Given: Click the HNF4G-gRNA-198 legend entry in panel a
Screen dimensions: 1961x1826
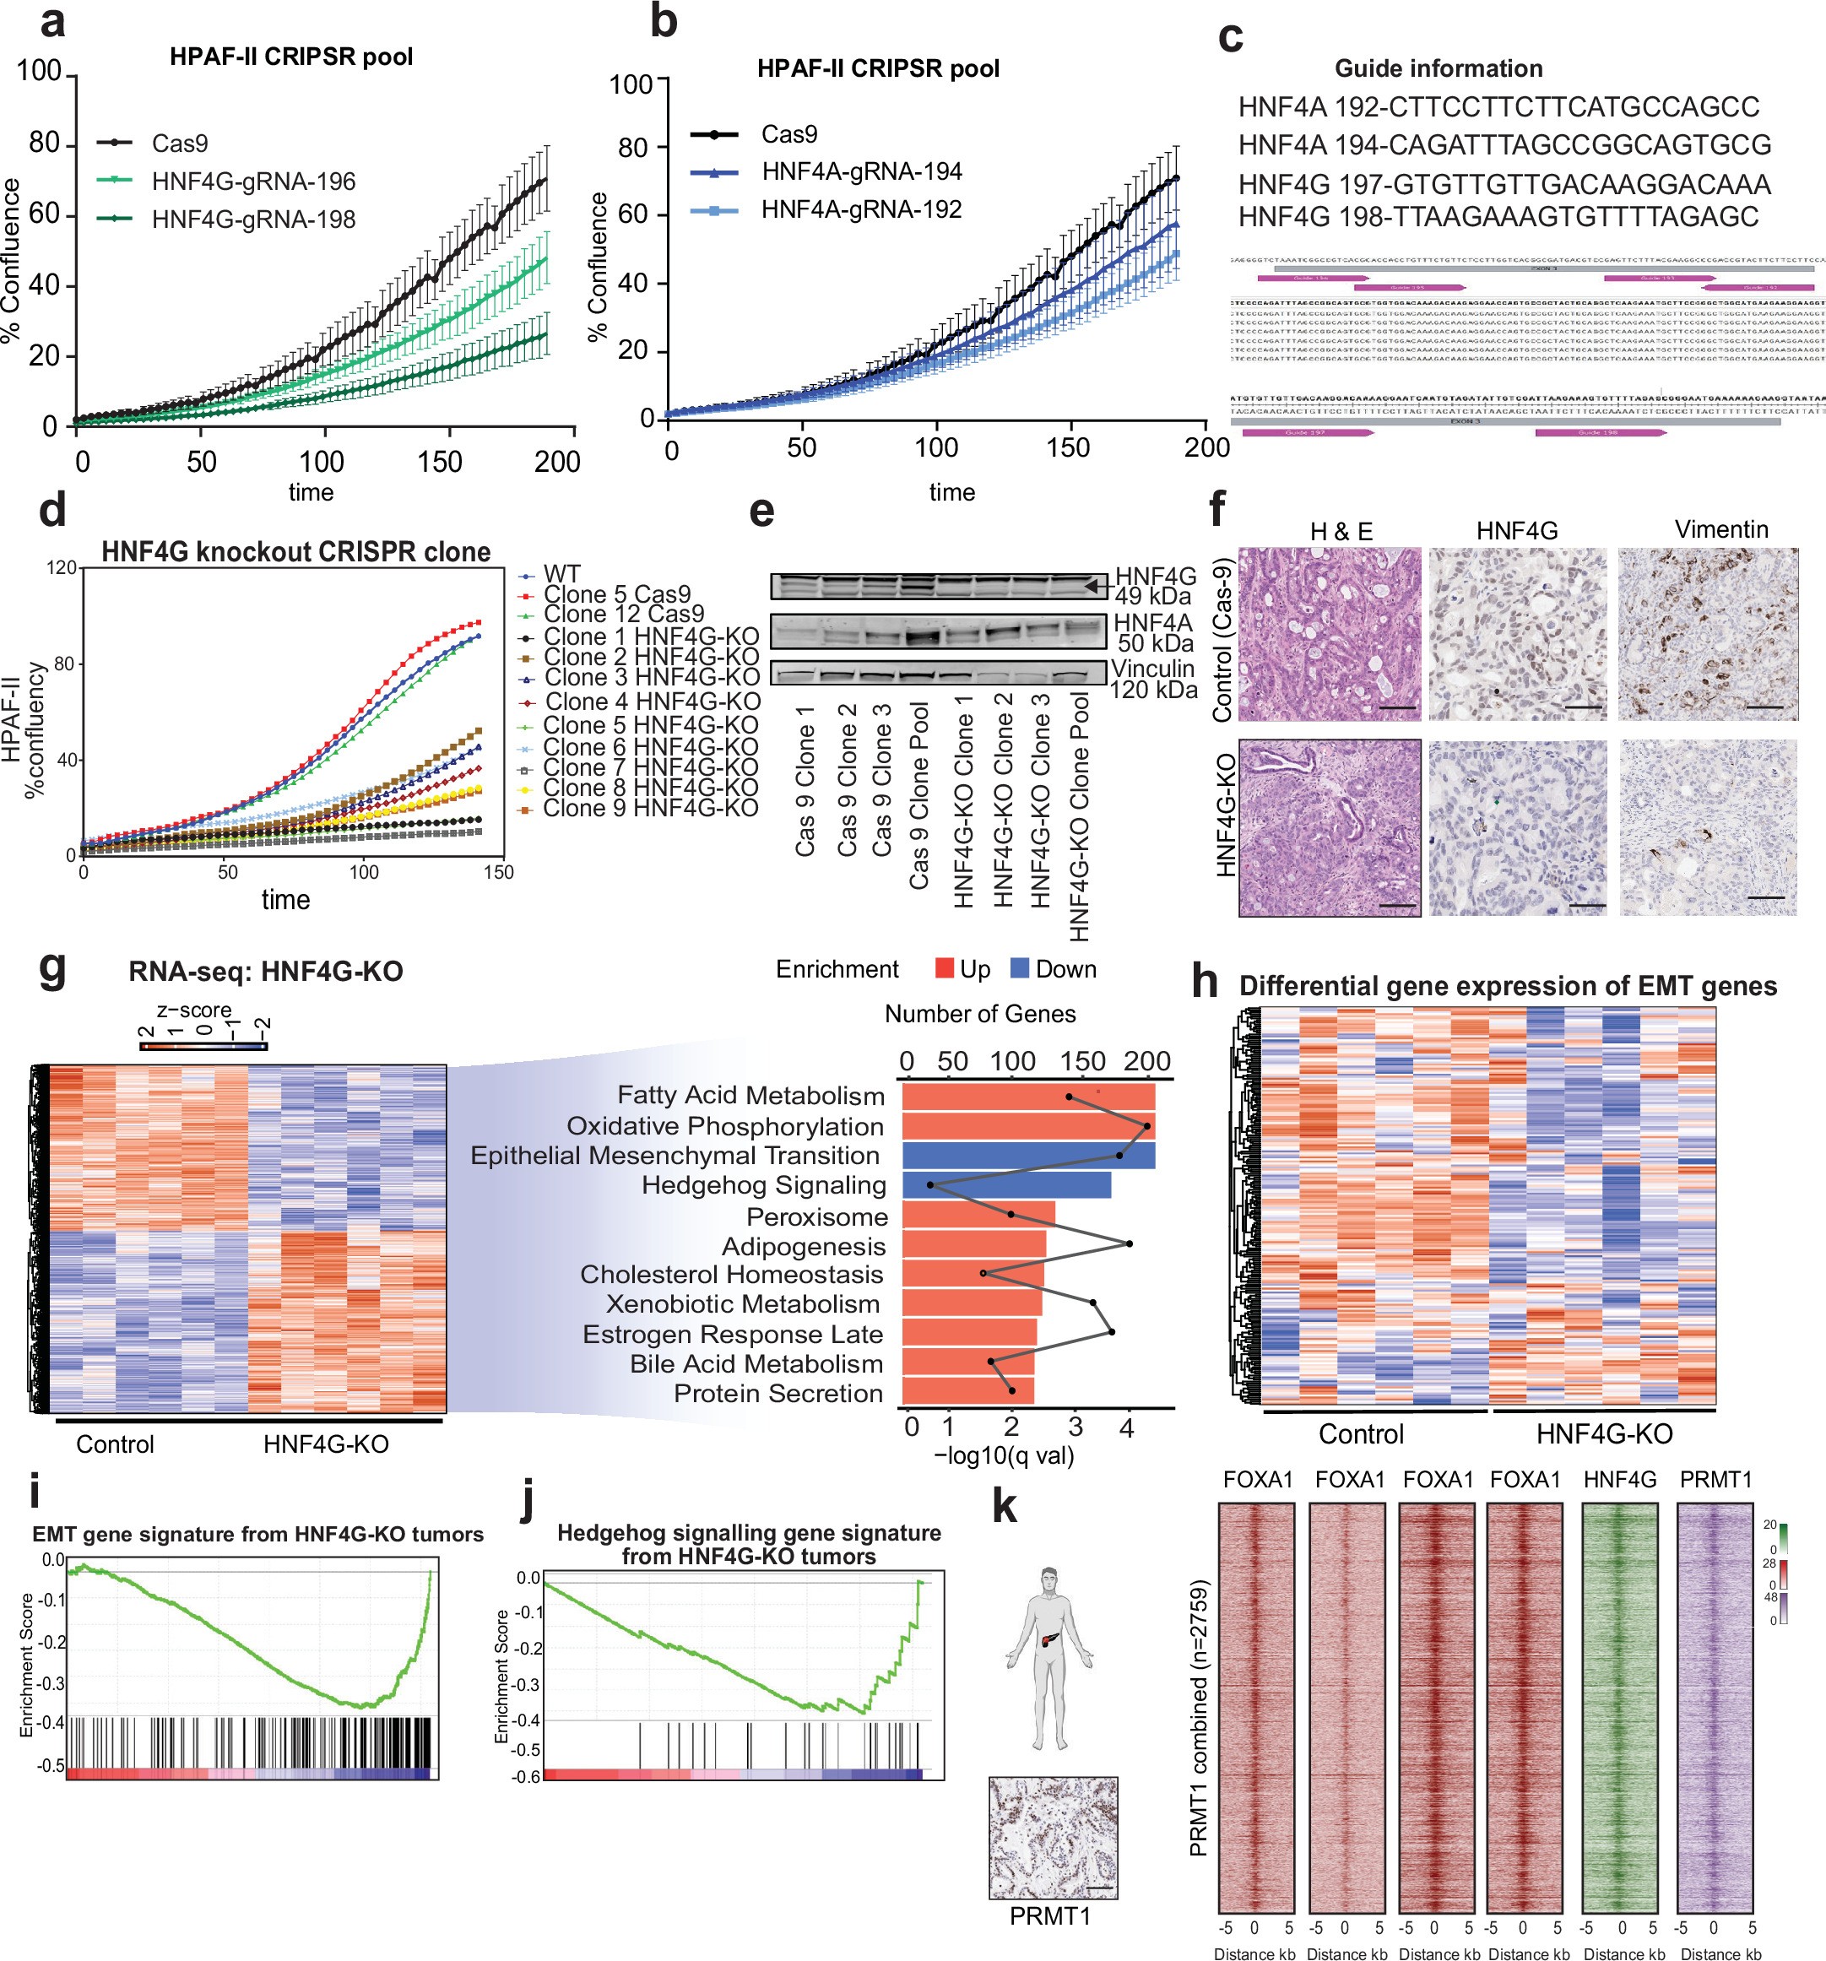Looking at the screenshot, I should (x=252, y=219).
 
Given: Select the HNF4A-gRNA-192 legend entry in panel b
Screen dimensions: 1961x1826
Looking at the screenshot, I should (x=860, y=209).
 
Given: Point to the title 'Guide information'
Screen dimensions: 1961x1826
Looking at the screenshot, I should (x=1438, y=68).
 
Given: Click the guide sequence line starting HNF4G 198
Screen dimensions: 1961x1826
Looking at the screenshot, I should (x=1498, y=216).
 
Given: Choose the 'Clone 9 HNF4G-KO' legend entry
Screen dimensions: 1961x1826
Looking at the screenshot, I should (x=650, y=808).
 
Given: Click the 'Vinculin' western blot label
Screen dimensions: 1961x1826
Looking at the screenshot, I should (x=1152, y=669).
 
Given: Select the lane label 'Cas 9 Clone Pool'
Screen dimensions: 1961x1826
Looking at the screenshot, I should (x=918, y=795).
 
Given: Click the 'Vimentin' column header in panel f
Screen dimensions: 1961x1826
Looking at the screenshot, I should (x=1720, y=529).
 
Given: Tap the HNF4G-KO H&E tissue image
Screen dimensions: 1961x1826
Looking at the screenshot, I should (x=1329, y=827).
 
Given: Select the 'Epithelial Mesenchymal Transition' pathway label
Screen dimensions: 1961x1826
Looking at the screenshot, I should (x=675, y=1155).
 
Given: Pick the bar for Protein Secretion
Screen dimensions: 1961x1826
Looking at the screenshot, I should (x=967, y=1392).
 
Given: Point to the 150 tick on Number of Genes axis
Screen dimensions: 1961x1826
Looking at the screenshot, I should (x=1083, y=1061).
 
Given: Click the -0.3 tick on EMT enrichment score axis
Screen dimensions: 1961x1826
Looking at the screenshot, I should (x=53, y=1682).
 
